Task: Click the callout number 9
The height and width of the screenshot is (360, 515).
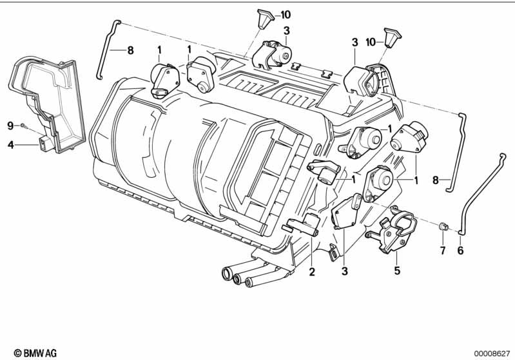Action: pos(11,126)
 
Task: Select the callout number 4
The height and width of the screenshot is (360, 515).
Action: pos(11,144)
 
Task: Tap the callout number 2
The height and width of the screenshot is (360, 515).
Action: pos(312,272)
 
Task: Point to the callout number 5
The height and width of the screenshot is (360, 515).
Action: pos(398,270)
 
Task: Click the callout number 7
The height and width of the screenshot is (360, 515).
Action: pos(443,251)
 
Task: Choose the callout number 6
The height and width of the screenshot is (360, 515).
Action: pos(460,251)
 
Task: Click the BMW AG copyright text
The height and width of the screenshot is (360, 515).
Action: pos(35,353)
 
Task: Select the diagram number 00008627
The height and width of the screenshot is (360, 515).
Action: pos(492,354)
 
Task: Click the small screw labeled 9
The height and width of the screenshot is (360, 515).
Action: pos(23,125)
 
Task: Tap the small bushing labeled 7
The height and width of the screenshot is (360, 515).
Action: pos(443,226)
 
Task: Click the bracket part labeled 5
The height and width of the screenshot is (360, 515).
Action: pos(392,229)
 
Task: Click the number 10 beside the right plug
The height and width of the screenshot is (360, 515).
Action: pos(371,42)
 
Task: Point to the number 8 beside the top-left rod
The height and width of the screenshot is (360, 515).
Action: pos(130,50)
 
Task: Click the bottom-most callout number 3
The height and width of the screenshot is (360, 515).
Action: pos(344,271)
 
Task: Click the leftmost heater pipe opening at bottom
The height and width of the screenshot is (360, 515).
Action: pos(227,274)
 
